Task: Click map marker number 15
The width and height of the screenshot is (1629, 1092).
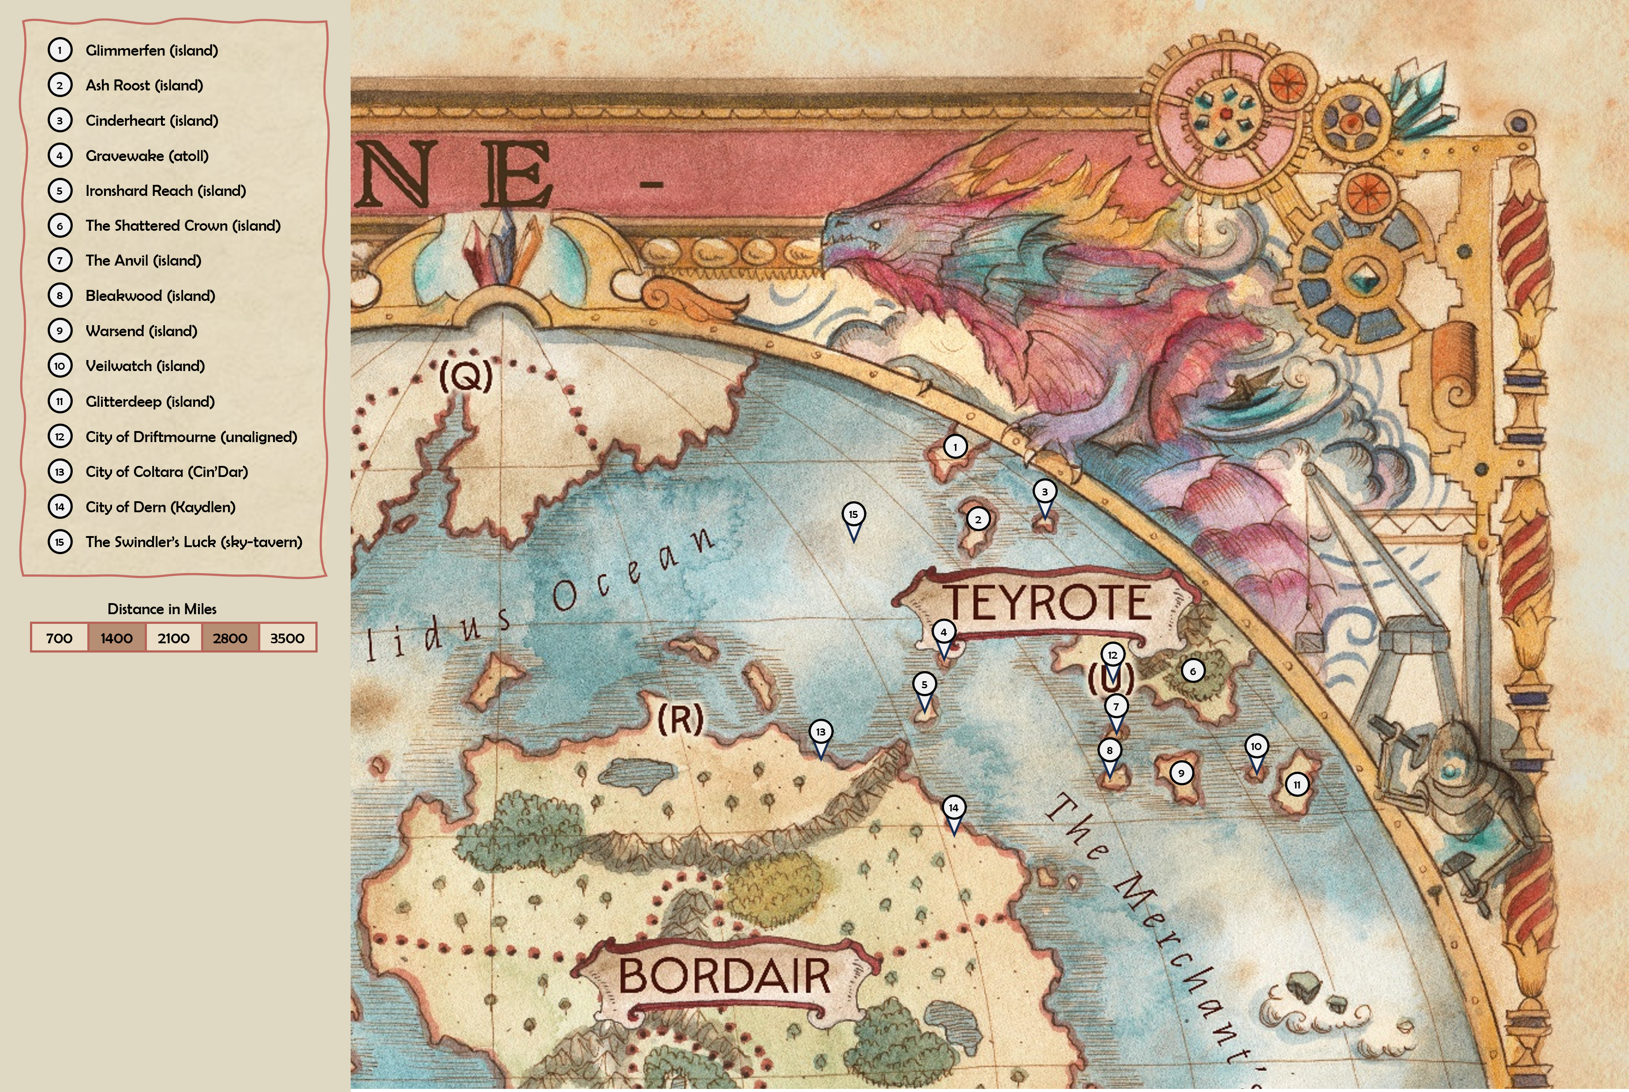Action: click(854, 514)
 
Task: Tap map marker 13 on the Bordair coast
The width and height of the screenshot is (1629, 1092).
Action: click(821, 732)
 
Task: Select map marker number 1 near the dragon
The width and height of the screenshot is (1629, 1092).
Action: click(955, 447)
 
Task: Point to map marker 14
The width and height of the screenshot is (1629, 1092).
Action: click(954, 808)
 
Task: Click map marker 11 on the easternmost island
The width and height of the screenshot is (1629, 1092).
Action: click(1296, 785)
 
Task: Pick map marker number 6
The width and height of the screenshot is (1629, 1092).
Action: click(1192, 672)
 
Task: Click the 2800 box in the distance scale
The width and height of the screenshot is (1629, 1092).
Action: click(230, 638)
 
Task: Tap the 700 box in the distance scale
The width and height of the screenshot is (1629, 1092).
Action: click(59, 638)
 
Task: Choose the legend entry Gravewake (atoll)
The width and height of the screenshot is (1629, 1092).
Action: click(147, 156)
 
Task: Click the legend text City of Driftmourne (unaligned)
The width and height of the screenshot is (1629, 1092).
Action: click(191, 437)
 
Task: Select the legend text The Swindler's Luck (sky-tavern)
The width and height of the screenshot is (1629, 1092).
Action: click(194, 542)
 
